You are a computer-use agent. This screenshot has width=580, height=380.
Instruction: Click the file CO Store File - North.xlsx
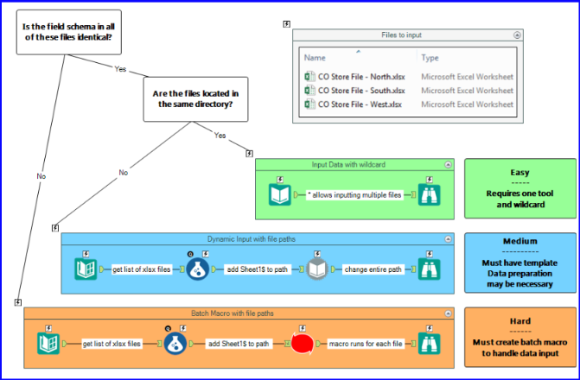(360, 76)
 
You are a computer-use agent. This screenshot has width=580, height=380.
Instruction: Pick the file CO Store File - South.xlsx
(360, 91)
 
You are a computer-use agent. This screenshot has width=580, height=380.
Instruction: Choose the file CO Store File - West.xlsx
(360, 104)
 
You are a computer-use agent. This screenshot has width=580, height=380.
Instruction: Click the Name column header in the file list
(315, 58)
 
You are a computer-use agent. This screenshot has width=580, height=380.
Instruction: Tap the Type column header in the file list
(430, 58)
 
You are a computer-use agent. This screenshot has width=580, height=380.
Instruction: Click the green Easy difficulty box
(519, 183)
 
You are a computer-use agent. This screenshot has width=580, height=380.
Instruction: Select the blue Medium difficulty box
(519, 263)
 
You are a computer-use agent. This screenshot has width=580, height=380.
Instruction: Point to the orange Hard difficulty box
(519, 338)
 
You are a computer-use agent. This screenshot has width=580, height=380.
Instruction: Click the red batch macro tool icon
(304, 344)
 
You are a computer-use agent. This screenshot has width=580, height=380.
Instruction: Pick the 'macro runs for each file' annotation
(366, 344)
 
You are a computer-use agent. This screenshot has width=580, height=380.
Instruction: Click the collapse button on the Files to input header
(516, 35)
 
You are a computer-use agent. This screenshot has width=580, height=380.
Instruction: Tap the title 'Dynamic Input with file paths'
(256, 237)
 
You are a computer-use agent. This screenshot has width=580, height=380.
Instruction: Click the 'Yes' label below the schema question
(120, 68)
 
